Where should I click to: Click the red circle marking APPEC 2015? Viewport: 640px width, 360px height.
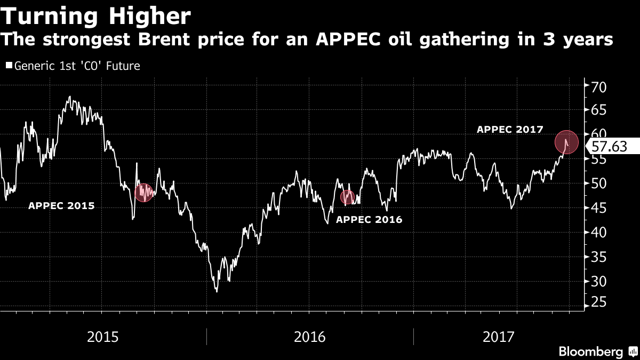click(x=143, y=193)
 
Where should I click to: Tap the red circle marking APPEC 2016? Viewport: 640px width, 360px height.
click(x=348, y=197)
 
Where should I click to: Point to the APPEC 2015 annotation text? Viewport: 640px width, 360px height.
click(x=61, y=205)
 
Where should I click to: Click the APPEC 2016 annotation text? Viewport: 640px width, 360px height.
click(x=369, y=219)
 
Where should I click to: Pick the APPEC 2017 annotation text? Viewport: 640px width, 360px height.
click(x=510, y=129)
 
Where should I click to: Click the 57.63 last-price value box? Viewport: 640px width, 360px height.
click(x=611, y=147)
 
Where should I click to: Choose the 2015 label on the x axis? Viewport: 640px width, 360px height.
click(x=103, y=337)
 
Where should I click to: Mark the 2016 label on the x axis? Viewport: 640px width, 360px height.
click(x=310, y=337)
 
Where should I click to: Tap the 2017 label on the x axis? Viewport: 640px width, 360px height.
click(x=498, y=337)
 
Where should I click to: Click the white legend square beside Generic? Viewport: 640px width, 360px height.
click(x=9, y=66)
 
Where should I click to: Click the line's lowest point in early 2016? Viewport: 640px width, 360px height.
click(x=217, y=291)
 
